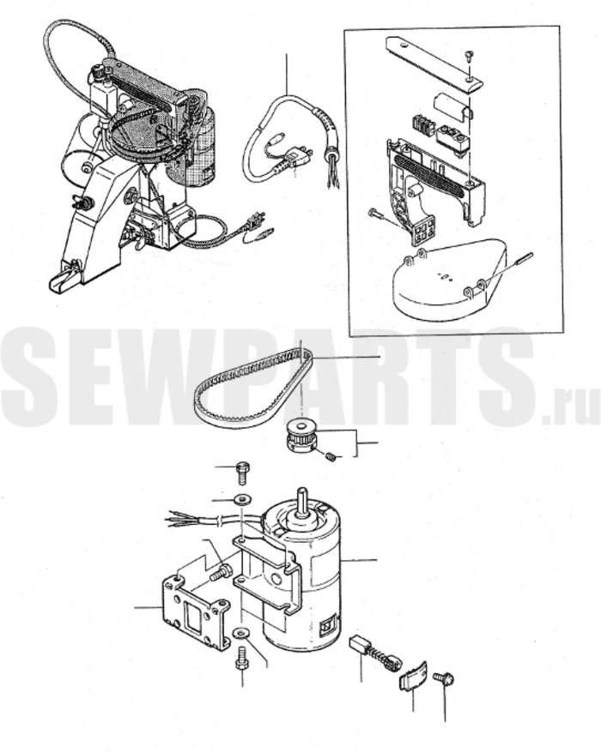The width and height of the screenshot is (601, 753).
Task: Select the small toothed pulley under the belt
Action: click(x=300, y=435)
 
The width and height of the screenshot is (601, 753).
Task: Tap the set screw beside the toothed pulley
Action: click(x=331, y=458)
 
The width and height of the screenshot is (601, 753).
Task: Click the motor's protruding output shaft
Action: click(x=302, y=502)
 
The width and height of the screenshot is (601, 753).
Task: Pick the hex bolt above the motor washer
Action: click(x=242, y=473)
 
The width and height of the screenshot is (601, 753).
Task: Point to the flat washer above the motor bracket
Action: click(x=242, y=500)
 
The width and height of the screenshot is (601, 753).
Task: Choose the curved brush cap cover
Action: click(x=414, y=676)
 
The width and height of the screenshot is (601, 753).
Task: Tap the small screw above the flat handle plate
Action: click(x=470, y=56)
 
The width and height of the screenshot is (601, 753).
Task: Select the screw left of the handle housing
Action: click(x=378, y=214)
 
